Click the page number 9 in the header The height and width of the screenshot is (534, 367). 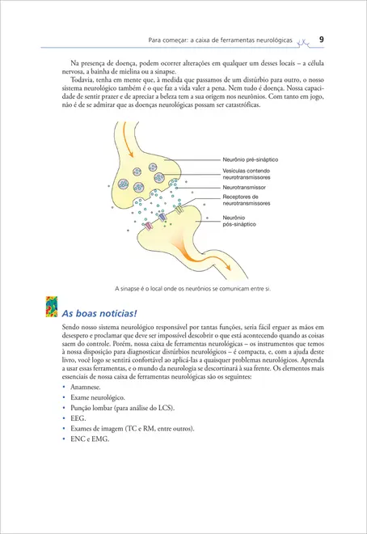click(322, 38)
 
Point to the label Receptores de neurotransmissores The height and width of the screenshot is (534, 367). click(251, 201)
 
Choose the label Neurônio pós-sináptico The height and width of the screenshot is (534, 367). click(241, 221)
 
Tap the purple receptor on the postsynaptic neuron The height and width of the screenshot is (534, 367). click(162, 217)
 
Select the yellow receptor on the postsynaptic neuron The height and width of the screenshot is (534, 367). click(179, 212)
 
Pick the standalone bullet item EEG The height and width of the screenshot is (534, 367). click(78, 419)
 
